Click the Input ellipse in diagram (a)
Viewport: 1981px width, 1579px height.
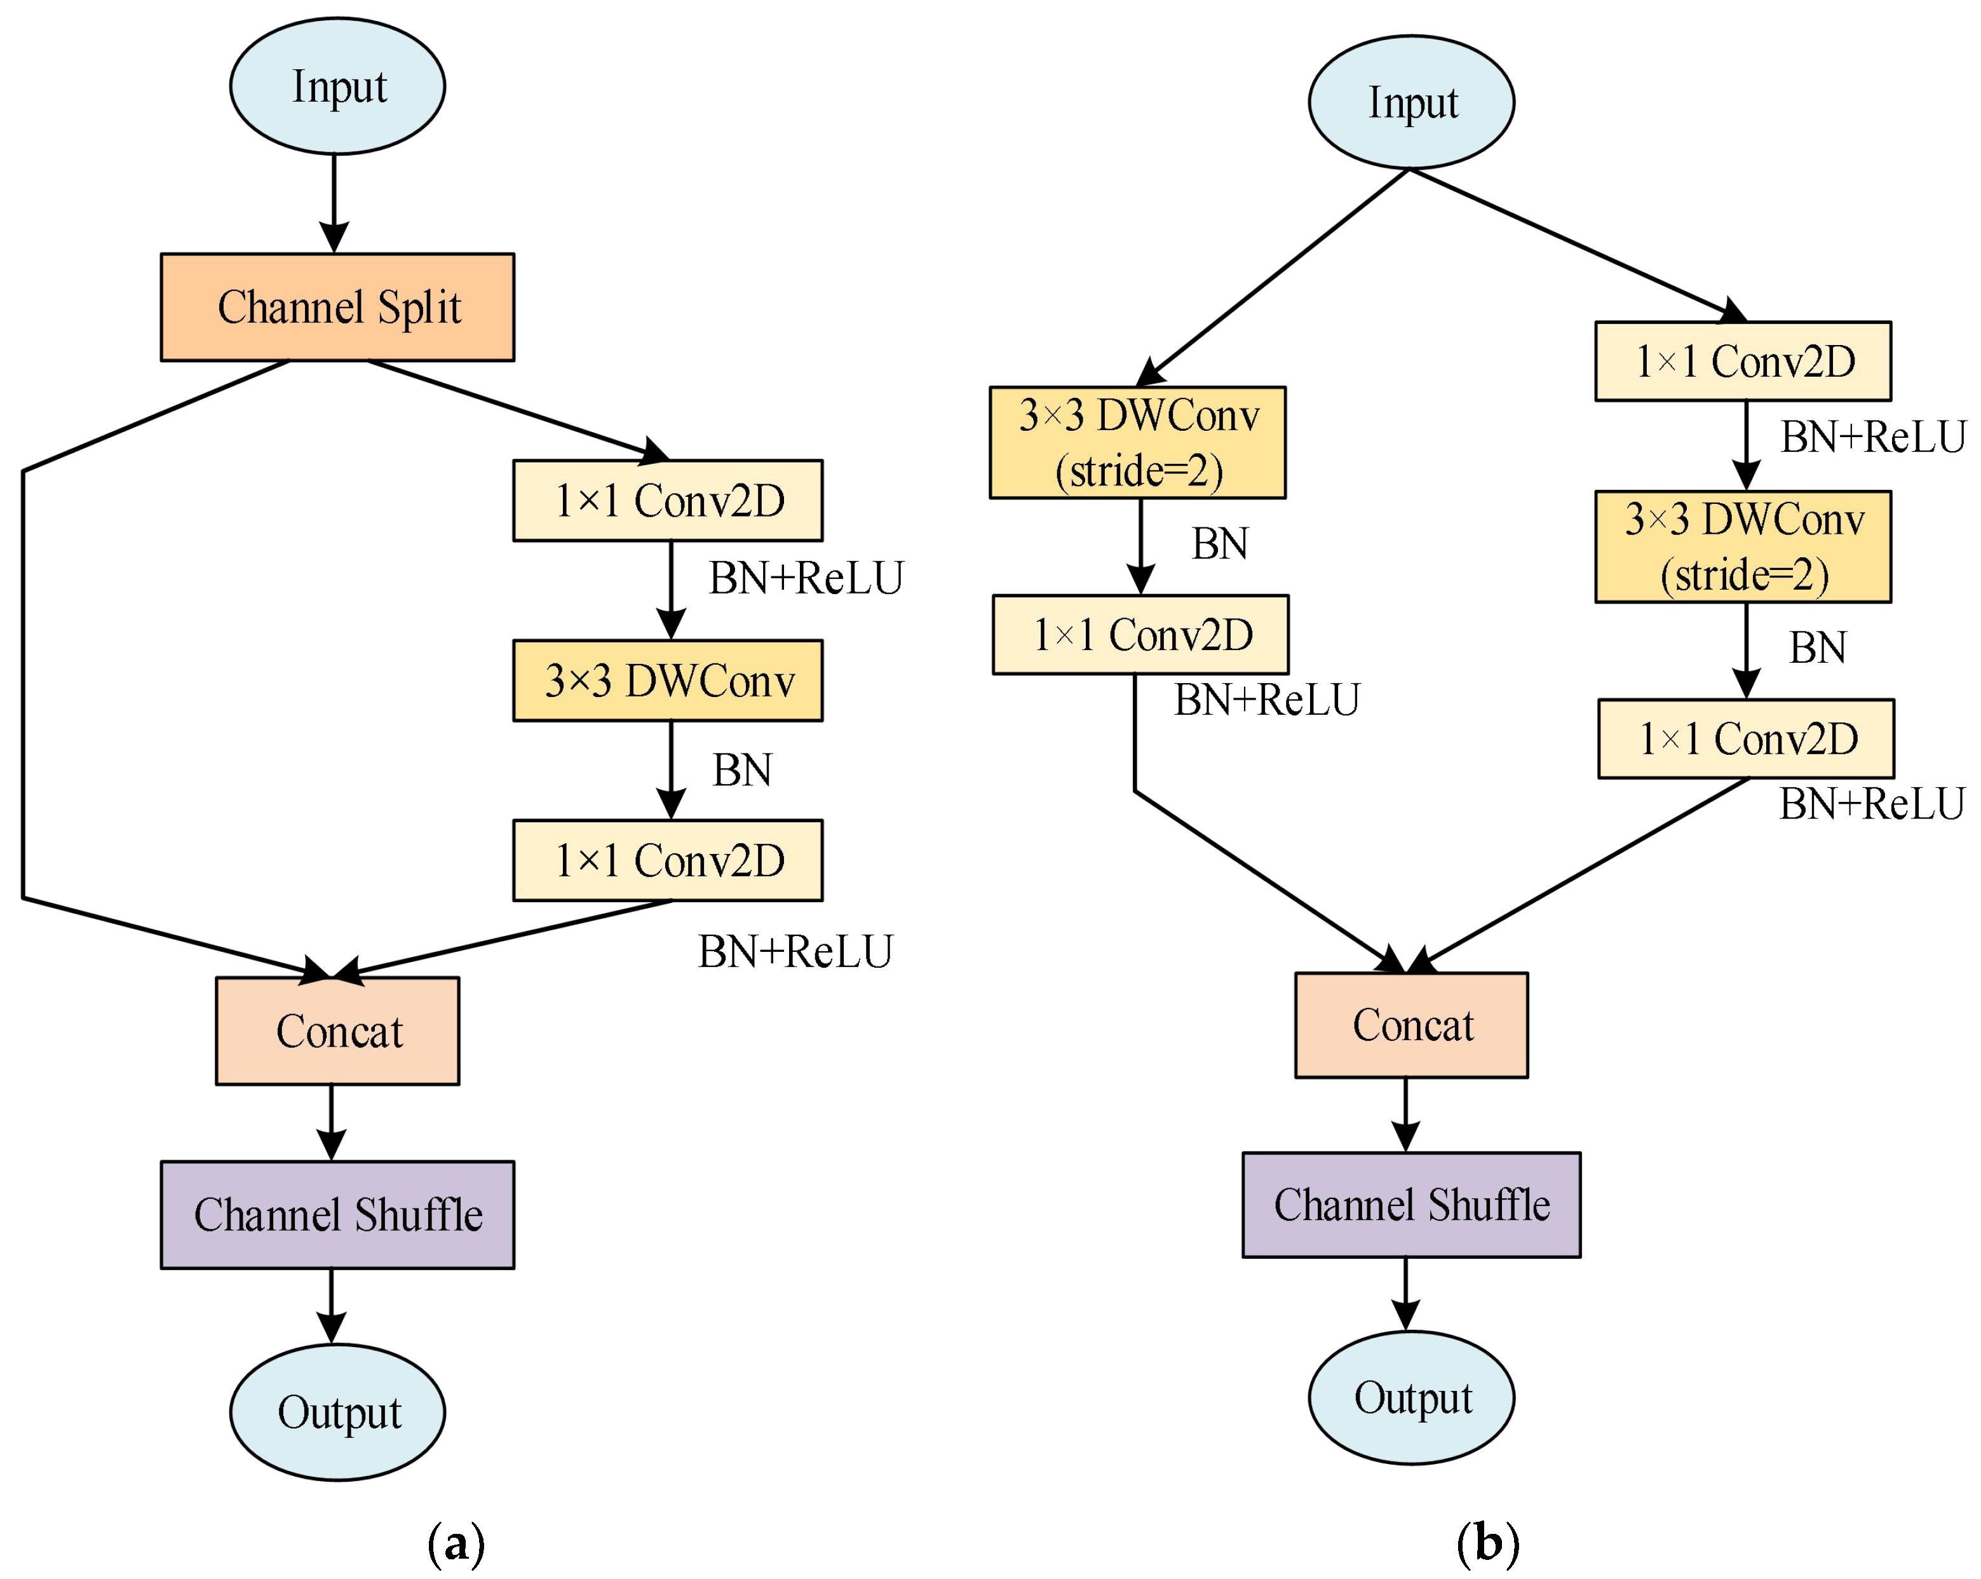pyautogui.click(x=337, y=86)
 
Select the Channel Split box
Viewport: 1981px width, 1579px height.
pyautogui.click(x=337, y=307)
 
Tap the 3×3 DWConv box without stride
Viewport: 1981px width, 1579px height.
pyautogui.click(x=668, y=680)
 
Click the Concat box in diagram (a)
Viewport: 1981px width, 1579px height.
pyautogui.click(x=337, y=1030)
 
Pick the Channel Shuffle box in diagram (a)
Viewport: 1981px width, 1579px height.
pyautogui.click(x=337, y=1214)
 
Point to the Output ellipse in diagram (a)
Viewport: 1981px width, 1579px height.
pyautogui.click(x=337, y=1412)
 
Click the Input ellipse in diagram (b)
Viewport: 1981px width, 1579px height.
pyautogui.click(x=1411, y=102)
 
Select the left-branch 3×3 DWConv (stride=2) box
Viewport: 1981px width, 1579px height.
pyautogui.click(x=1137, y=442)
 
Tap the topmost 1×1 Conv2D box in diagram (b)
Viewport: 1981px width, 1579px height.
pyautogui.click(x=1743, y=361)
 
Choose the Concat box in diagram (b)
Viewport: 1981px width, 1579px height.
pyautogui.click(x=1411, y=1025)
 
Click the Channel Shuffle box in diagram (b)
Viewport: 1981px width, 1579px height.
pyautogui.click(x=1411, y=1204)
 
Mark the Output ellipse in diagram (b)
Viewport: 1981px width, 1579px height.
pyautogui.click(x=1411, y=1397)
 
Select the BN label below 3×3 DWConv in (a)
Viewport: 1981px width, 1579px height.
pyautogui.click(x=743, y=770)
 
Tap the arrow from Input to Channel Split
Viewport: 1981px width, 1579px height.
pyautogui.click(x=334, y=202)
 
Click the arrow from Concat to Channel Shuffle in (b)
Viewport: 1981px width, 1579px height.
pyautogui.click(x=1406, y=1114)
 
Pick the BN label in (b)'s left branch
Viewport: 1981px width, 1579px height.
pyautogui.click(x=1220, y=544)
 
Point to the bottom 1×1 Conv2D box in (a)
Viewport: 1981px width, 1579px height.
pyautogui.click(x=668, y=860)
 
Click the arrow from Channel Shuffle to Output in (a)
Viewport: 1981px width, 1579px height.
pyautogui.click(x=332, y=1305)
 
